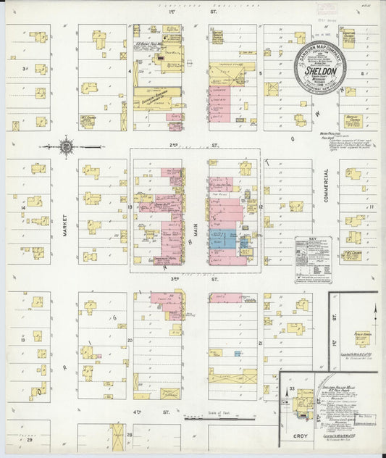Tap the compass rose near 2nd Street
point(66,146)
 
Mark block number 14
point(24,208)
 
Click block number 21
point(259,341)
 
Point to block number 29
point(30,439)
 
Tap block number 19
point(24,339)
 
